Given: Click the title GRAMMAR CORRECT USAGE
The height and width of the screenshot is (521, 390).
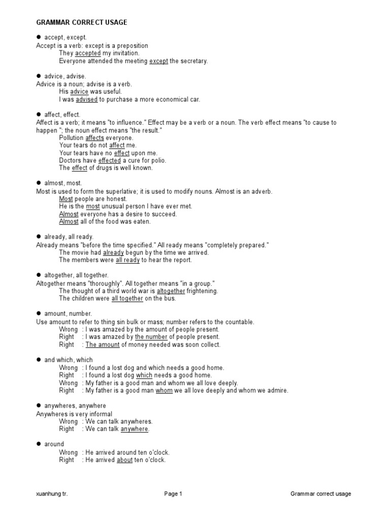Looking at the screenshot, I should point(82,22).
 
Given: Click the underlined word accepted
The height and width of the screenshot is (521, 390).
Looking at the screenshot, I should point(88,53).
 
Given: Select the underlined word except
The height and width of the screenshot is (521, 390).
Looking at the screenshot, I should point(158,61).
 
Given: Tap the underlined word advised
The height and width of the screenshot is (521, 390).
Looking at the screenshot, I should point(86,100).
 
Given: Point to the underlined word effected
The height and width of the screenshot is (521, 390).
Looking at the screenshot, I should point(110,160).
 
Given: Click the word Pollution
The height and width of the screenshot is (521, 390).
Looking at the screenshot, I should point(71,138).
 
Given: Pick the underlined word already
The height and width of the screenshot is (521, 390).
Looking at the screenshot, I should point(113,252).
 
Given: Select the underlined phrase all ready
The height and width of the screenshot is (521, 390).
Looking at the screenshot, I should point(127,260).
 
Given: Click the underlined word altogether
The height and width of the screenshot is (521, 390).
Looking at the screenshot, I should point(171,291).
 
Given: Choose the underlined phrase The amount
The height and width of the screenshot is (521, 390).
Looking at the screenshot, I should point(103,344).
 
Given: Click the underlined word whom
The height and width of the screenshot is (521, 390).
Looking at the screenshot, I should point(164,391).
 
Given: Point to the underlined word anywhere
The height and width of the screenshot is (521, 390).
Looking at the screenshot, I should point(135,429).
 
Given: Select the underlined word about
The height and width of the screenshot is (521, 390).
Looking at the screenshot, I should point(124,460).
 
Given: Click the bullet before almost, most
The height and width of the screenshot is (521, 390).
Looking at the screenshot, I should point(39,183).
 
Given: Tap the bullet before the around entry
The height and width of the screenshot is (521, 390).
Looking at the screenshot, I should point(39,444).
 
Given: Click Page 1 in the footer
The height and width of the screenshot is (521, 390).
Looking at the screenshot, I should point(173,494).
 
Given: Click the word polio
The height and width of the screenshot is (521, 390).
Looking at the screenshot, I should point(159,160).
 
